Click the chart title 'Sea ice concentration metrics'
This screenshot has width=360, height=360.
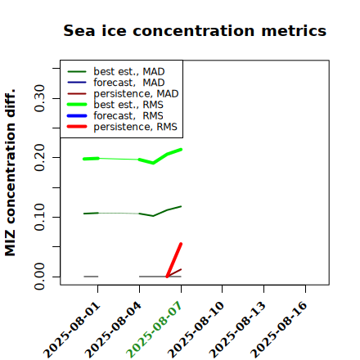click(195, 30)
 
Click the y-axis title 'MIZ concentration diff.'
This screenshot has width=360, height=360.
click(10, 173)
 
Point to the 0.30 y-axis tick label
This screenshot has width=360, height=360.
click(39, 98)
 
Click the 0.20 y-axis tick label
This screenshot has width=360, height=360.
click(39, 158)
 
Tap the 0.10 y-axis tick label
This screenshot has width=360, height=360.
click(39, 217)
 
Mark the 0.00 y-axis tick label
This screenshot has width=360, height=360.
click(39, 277)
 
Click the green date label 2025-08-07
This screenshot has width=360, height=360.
click(154, 330)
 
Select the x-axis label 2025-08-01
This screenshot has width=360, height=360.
click(71, 330)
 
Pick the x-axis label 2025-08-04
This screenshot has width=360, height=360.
click(113, 330)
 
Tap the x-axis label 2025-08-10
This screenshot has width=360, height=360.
click(196, 330)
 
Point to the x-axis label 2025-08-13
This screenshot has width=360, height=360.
click(237, 330)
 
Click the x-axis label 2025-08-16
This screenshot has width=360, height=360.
click(279, 330)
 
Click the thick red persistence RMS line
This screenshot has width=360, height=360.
click(174, 260)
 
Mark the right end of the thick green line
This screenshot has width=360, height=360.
click(181, 150)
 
